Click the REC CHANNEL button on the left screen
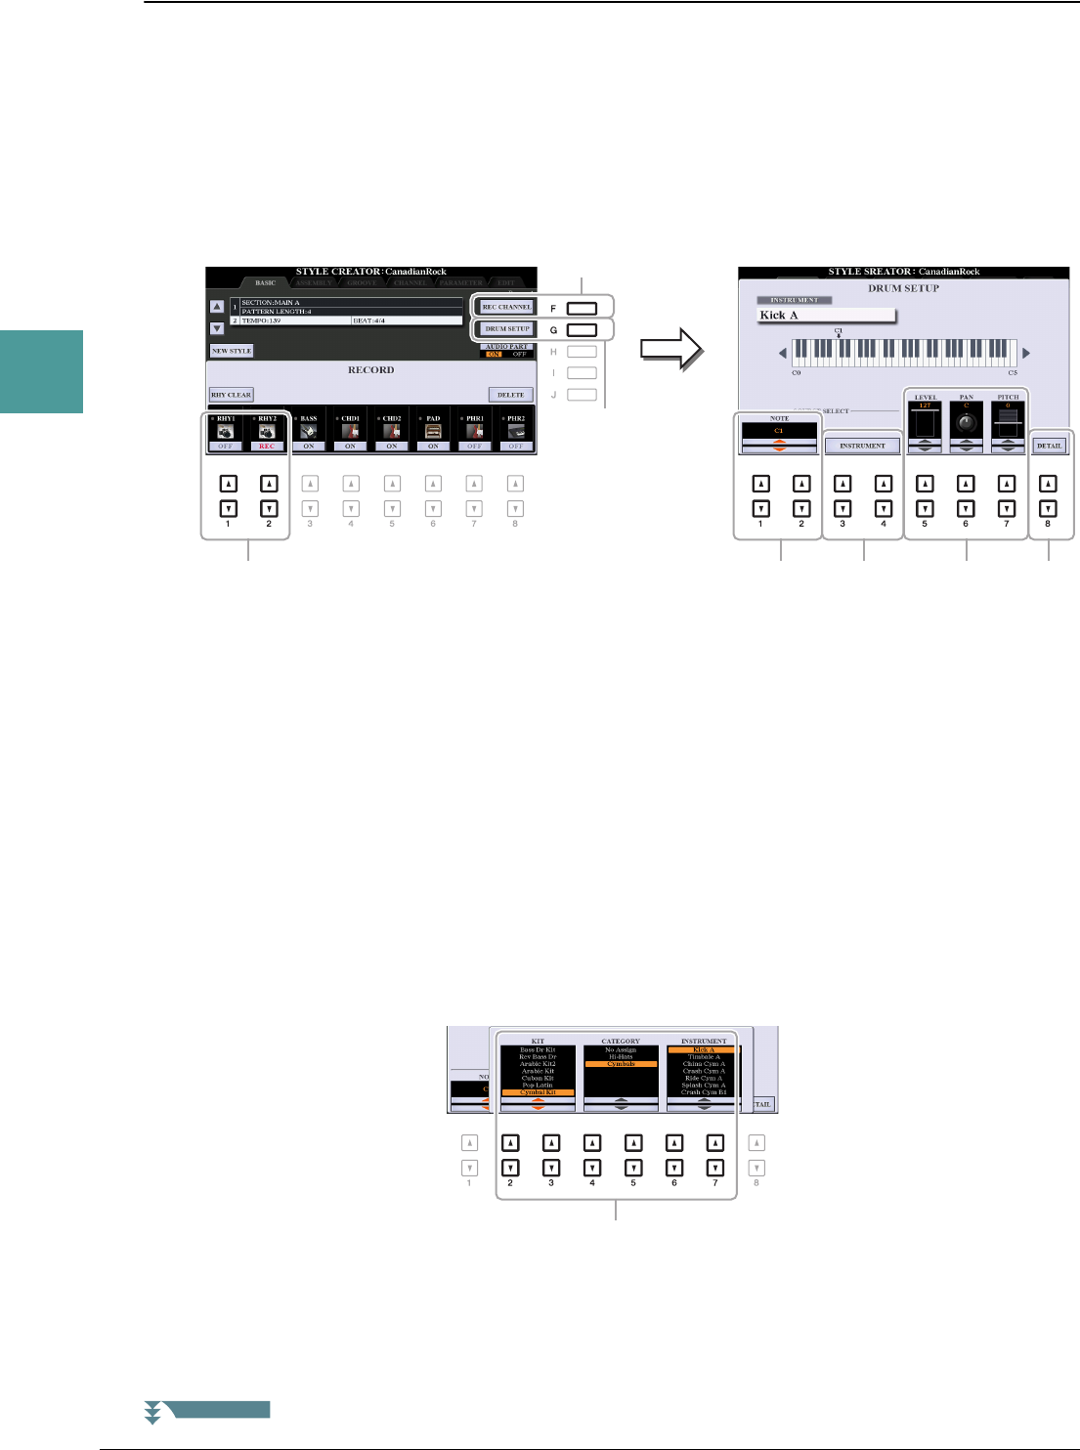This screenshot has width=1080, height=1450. pyautogui.click(x=507, y=307)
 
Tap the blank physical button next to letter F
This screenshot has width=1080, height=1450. pyautogui.click(x=582, y=308)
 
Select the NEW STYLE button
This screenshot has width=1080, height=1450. pyautogui.click(x=232, y=351)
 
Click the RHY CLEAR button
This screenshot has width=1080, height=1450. pyautogui.click(x=231, y=395)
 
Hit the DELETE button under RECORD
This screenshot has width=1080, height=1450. pyautogui.click(x=511, y=395)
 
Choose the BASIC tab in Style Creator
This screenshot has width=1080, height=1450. pyautogui.click(x=266, y=283)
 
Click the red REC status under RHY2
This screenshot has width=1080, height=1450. pyautogui.click(x=267, y=447)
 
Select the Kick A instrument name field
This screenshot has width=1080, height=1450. pyautogui.click(x=826, y=316)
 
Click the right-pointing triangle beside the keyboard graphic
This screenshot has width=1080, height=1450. pyautogui.click(x=1025, y=353)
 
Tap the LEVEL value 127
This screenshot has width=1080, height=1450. pyautogui.click(x=925, y=405)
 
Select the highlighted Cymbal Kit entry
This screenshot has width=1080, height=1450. pyautogui.click(x=538, y=1092)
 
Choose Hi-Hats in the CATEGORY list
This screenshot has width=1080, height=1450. pyautogui.click(x=621, y=1057)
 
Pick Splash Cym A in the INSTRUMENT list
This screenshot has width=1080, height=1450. pyautogui.click(x=704, y=1086)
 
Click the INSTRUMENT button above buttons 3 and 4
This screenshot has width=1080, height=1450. pyautogui.click(x=862, y=446)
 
